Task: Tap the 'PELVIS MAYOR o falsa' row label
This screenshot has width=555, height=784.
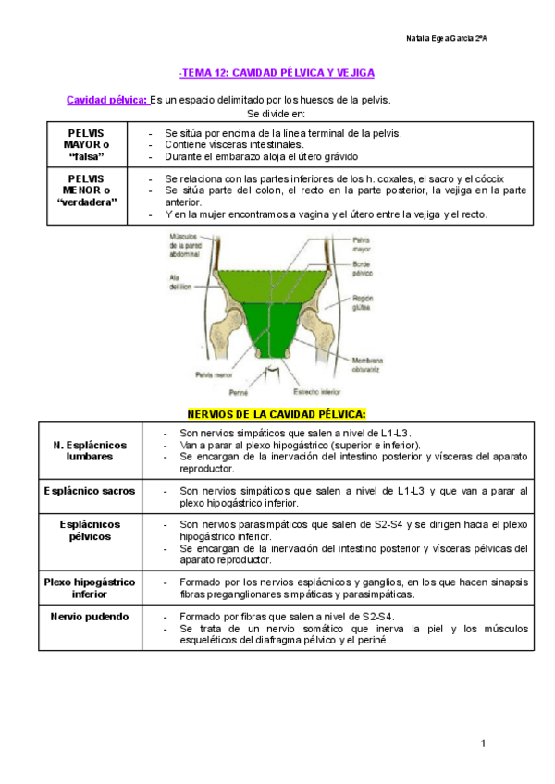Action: coord(86,145)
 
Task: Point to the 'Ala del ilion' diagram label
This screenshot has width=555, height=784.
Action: coord(179,282)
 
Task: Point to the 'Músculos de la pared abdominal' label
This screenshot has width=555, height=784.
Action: coord(191,247)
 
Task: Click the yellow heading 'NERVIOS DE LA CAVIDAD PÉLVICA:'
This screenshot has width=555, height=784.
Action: coord(277,412)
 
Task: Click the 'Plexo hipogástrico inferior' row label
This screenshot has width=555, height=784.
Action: coord(90,588)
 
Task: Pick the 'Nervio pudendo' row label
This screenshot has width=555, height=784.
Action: coord(90,616)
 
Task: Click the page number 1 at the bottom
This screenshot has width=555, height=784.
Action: coord(483,743)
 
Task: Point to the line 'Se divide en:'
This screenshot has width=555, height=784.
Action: coord(277,113)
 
